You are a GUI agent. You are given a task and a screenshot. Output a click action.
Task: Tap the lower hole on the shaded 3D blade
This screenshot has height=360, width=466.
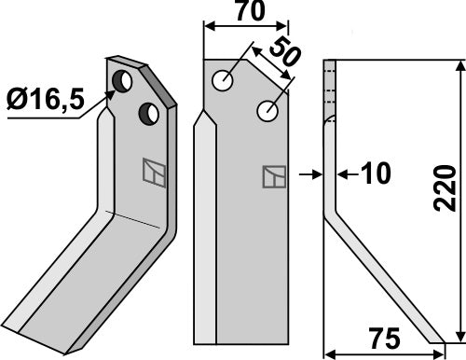coord(146,114)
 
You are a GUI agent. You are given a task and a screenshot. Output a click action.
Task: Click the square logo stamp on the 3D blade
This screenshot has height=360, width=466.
coord(152,173)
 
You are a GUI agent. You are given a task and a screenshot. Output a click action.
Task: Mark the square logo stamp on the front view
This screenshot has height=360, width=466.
coord(273,176)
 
